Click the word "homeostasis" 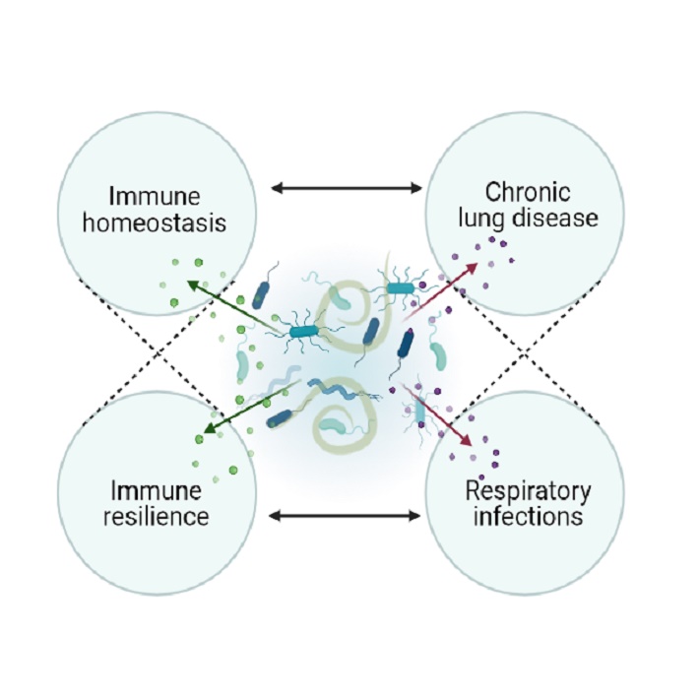(155, 222)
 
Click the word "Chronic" (528, 192)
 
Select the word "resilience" (156, 516)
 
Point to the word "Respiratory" (528, 491)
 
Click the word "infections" (528, 516)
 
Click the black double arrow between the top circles (347, 188)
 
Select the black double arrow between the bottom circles (345, 516)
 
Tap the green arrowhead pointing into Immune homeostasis (194, 286)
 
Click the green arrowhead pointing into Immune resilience (210, 428)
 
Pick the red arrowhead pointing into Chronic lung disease (471, 269)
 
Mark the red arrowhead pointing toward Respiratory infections (466, 440)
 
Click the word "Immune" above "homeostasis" (155, 197)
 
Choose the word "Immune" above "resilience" (156, 491)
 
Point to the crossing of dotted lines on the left (157, 353)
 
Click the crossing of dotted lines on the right (525, 353)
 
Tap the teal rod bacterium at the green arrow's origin (304, 331)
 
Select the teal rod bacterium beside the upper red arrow (401, 288)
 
